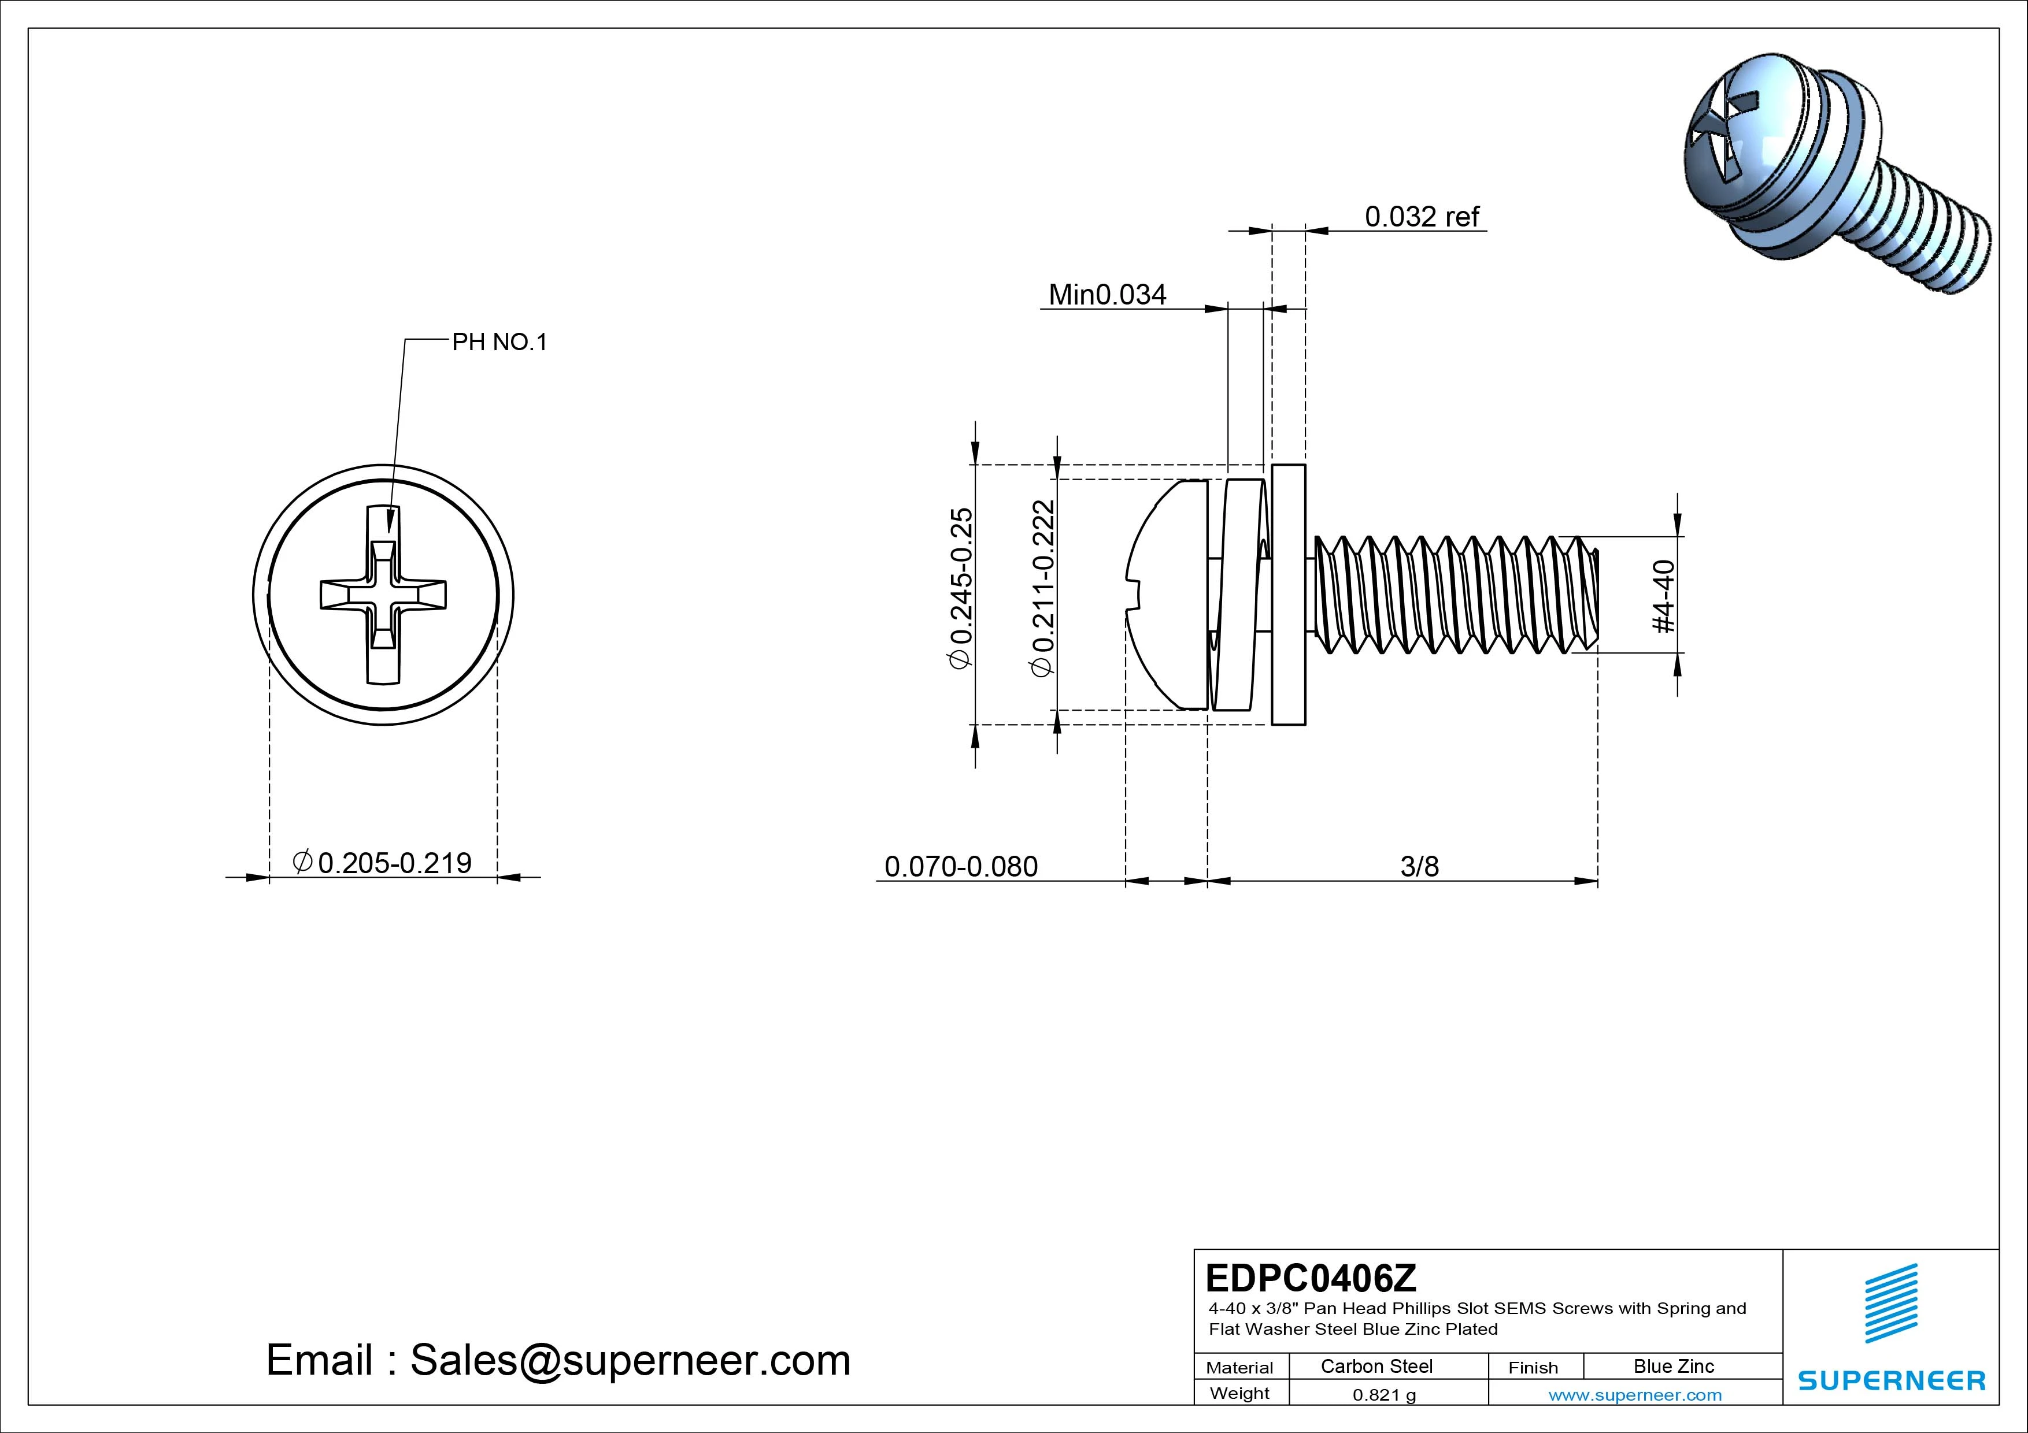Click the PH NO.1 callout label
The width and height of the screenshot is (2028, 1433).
point(499,343)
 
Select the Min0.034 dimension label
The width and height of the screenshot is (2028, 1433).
point(1106,294)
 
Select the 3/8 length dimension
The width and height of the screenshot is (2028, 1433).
point(1419,866)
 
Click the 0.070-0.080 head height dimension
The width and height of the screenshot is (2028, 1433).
point(961,866)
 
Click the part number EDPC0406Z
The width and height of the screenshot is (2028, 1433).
point(1311,1277)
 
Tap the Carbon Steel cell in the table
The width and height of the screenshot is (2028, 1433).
point(1376,1366)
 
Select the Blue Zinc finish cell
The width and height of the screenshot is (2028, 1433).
point(1673,1366)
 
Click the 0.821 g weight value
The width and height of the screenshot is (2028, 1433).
point(1384,1395)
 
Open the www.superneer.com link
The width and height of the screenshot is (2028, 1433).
point(1635,1395)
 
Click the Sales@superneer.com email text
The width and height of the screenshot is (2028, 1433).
point(630,1360)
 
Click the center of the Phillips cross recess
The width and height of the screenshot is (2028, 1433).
point(383,594)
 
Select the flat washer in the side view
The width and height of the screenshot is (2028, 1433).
point(1288,594)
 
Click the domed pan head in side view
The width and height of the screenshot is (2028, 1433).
point(1166,594)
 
